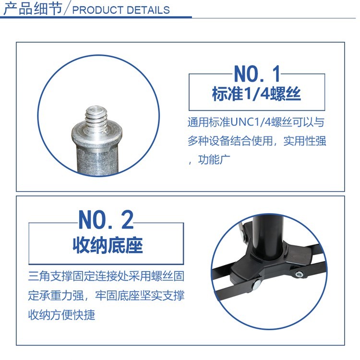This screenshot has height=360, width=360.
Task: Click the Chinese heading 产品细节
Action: [x=33, y=9]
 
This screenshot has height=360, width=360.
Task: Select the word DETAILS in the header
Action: [x=148, y=11]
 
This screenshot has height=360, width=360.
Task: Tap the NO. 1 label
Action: [x=257, y=74]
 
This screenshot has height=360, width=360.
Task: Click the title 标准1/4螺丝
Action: [x=256, y=94]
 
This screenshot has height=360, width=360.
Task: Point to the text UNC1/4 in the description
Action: [x=251, y=122]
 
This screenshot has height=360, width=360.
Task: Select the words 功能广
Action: [x=214, y=159]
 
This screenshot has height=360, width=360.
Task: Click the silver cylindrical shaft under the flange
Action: [x=97, y=158]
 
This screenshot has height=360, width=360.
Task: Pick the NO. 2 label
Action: [x=106, y=219]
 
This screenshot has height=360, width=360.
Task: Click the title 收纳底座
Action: [x=108, y=245]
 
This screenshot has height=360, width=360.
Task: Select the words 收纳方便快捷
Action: [x=61, y=315]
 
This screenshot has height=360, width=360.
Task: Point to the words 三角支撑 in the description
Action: [x=50, y=276]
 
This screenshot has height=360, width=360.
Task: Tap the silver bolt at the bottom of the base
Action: [x=257, y=285]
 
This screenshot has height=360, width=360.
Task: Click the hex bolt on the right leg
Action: [x=299, y=274]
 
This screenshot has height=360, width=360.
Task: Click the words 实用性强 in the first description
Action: [x=305, y=141]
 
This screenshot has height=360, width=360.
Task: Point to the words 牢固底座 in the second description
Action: [x=117, y=296]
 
